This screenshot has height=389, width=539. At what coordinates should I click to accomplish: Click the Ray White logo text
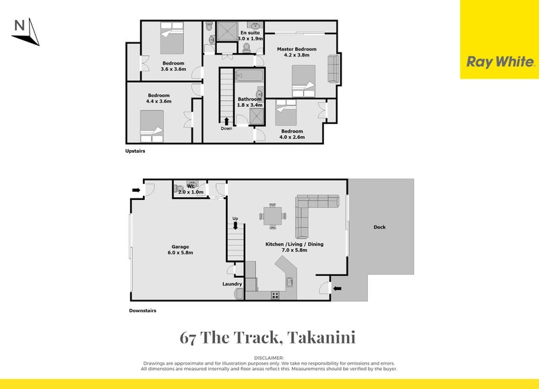[x=500, y=63]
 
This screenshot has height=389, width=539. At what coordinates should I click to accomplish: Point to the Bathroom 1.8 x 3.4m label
[x=249, y=102]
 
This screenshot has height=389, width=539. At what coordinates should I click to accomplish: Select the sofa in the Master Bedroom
[x=333, y=69]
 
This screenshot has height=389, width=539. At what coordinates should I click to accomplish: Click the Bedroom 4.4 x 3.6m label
[x=159, y=98]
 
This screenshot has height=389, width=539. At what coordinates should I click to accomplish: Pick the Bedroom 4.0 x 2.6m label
[x=292, y=134]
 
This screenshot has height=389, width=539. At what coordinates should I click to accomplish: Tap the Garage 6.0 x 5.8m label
[x=181, y=250]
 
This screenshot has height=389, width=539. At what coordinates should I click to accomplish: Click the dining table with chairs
[x=273, y=216]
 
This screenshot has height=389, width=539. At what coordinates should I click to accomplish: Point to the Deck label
[x=380, y=227]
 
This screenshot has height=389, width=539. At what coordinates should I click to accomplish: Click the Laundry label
[x=232, y=284]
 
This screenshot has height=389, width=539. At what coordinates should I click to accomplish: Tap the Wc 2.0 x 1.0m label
[x=191, y=190]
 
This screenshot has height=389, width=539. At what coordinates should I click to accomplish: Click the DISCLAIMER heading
[x=269, y=358]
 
